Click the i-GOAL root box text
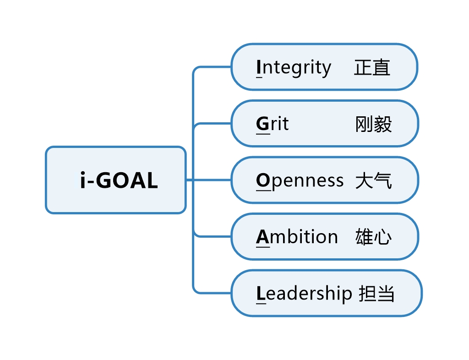119,180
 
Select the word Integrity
294,68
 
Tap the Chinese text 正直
372,68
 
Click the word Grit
273,124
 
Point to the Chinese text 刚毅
374,124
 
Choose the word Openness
300,181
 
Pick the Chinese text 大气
374,181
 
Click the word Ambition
297,237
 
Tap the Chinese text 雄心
374,237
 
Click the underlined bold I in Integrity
259,68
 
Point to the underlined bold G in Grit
263,124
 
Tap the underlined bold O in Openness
263,181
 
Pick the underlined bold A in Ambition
263,237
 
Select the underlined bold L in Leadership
261,294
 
